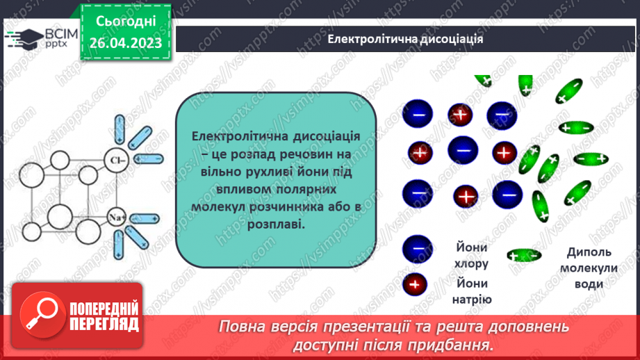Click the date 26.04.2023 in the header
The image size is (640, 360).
[125, 43]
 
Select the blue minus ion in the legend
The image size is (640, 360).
[416, 247]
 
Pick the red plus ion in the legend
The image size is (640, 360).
[416, 284]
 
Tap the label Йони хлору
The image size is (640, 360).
[473, 255]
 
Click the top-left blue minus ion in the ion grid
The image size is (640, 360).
[418, 113]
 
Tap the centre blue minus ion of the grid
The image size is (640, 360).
[463, 149]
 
